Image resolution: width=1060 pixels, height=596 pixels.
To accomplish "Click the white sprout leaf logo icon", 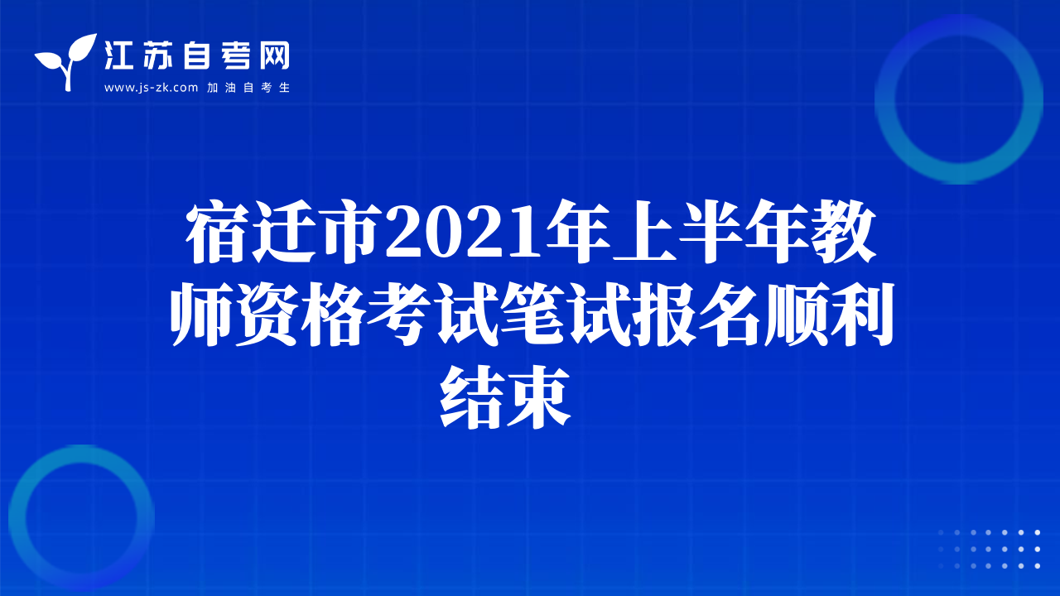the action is coord(66,61).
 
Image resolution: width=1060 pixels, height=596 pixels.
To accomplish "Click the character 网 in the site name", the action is coord(275,55).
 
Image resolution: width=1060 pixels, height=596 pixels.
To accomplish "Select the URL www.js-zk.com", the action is coord(151,88).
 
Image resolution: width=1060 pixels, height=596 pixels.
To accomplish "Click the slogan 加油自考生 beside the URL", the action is coord(248,88).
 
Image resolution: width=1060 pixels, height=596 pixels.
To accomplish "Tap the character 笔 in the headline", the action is coord(533,314).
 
